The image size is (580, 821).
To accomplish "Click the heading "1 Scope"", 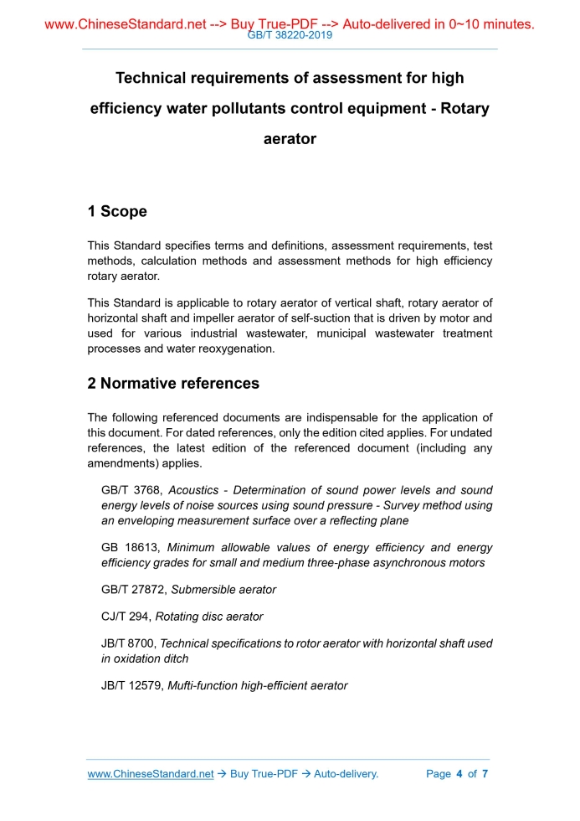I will [117, 212].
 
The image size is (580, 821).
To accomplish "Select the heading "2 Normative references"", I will [173, 384].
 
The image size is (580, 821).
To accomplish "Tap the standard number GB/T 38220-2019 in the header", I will [290, 36].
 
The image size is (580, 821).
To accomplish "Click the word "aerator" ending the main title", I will [290, 139].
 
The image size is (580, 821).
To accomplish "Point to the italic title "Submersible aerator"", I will [223, 590].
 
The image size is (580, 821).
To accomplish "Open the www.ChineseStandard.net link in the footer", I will [151, 774].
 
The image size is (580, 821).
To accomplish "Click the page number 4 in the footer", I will [459, 774].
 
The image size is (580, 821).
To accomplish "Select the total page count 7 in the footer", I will [485, 774].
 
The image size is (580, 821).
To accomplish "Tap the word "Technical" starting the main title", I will [152, 79].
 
